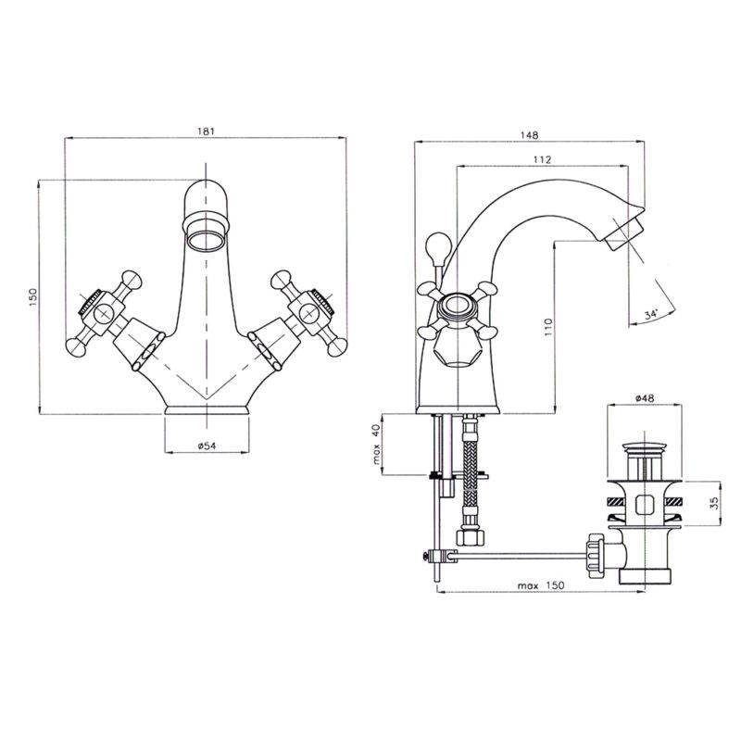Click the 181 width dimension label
pyautogui.click(x=206, y=131)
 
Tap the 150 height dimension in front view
pyautogui.click(x=33, y=297)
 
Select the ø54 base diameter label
pyautogui.click(x=207, y=446)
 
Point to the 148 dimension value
pyautogui.click(x=529, y=135)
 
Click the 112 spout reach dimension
pyautogui.click(x=542, y=159)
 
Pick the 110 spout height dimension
pyautogui.click(x=547, y=327)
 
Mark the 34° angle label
pyautogui.click(x=651, y=314)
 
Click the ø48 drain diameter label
pyautogui.click(x=645, y=398)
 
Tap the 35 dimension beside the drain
pyautogui.click(x=714, y=502)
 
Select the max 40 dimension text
pyautogui.click(x=377, y=444)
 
